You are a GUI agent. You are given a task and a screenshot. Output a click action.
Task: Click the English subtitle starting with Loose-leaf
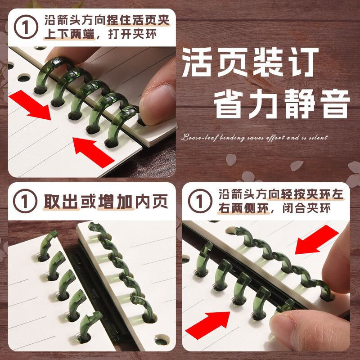pos(254,138)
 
